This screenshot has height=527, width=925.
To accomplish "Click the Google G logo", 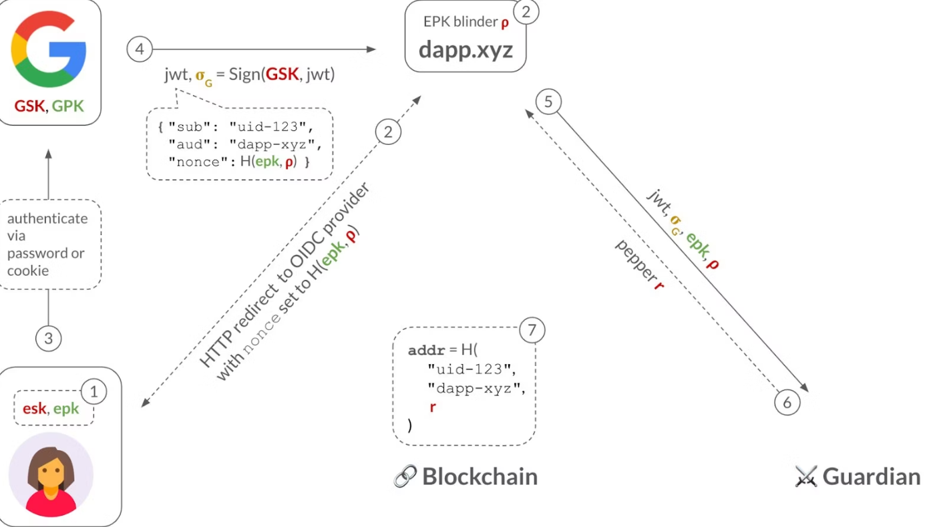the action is point(48,49).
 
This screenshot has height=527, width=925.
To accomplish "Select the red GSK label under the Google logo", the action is point(29,106).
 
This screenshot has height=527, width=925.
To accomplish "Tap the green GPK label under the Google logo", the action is point(67,106).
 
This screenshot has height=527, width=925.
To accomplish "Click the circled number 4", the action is point(140,49).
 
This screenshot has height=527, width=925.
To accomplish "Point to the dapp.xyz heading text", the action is point(466,50).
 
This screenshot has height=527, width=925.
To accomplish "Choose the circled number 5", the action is point(548,102).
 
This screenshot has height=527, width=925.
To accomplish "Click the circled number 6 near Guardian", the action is point(787,402).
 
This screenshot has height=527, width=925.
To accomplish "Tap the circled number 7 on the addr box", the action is point(532,330).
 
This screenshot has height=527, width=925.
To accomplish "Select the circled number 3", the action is point(48,338).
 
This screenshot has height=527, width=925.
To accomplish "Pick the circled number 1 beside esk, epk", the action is point(94,391).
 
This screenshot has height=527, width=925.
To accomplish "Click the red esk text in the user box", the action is point(34,409).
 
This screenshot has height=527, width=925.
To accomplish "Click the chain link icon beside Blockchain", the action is point(405,476).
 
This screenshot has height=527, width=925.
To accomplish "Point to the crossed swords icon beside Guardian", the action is point(806,476).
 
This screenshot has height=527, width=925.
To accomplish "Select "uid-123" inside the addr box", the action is point(472,369).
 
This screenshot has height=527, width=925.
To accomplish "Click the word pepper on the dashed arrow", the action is point(635,261).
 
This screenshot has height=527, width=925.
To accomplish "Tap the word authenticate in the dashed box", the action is point(47,218).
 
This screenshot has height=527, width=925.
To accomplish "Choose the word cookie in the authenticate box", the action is point(27,271).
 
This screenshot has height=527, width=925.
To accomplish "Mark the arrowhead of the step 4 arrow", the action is point(371,49).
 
